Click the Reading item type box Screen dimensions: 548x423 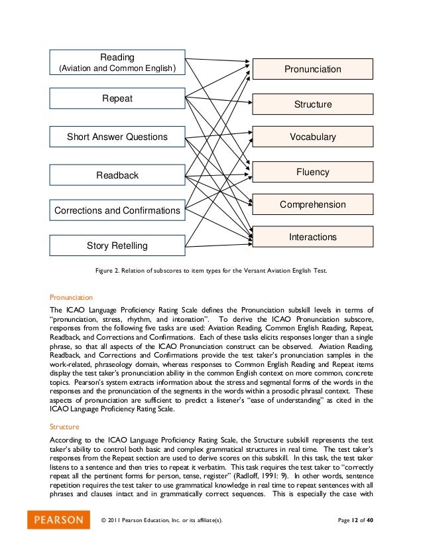tap(117, 62)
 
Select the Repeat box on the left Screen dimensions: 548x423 tap(117, 99)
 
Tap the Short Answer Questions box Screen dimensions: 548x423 tap(117, 137)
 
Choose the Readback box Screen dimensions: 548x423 tap(117, 175)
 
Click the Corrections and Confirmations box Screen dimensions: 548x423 tap(117, 210)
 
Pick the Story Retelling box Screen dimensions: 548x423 tap(117, 245)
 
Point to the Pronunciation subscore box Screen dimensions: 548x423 tap(312, 69)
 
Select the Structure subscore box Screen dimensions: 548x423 tap(312, 104)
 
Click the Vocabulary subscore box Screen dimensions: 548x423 tap(312, 137)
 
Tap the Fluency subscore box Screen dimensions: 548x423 tap(312, 172)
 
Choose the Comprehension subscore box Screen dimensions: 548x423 tap(312, 204)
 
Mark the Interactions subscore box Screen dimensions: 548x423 tap(312, 237)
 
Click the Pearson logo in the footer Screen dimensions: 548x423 tap(58, 519)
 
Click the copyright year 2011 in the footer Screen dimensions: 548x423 tap(118, 519)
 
